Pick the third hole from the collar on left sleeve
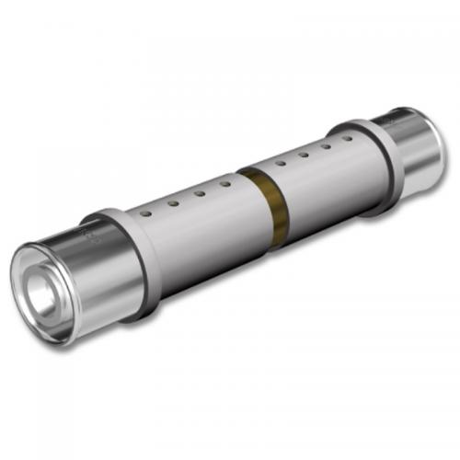click(x=199, y=193)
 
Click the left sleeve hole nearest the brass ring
click(x=224, y=185)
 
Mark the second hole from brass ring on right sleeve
click(x=303, y=157)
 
